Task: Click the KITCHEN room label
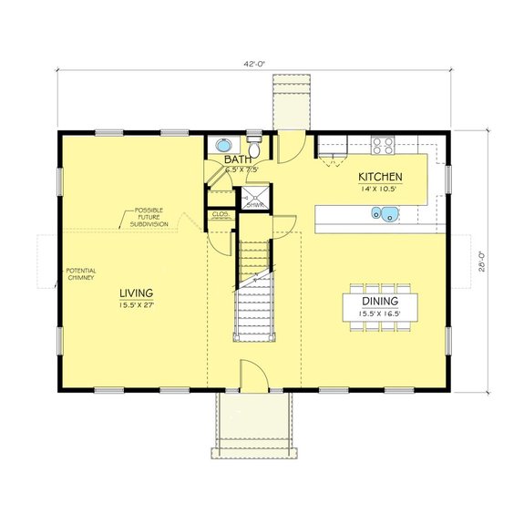pyautogui.click(x=380, y=177)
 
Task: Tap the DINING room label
pyautogui.click(x=378, y=300)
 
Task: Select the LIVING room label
pyautogui.click(x=137, y=293)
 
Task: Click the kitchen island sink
pyautogui.click(x=384, y=215)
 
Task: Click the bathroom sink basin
pyautogui.click(x=222, y=144)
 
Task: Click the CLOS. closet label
pyautogui.click(x=220, y=214)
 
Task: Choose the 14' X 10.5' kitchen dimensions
pyautogui.click(x=380, y=189)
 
